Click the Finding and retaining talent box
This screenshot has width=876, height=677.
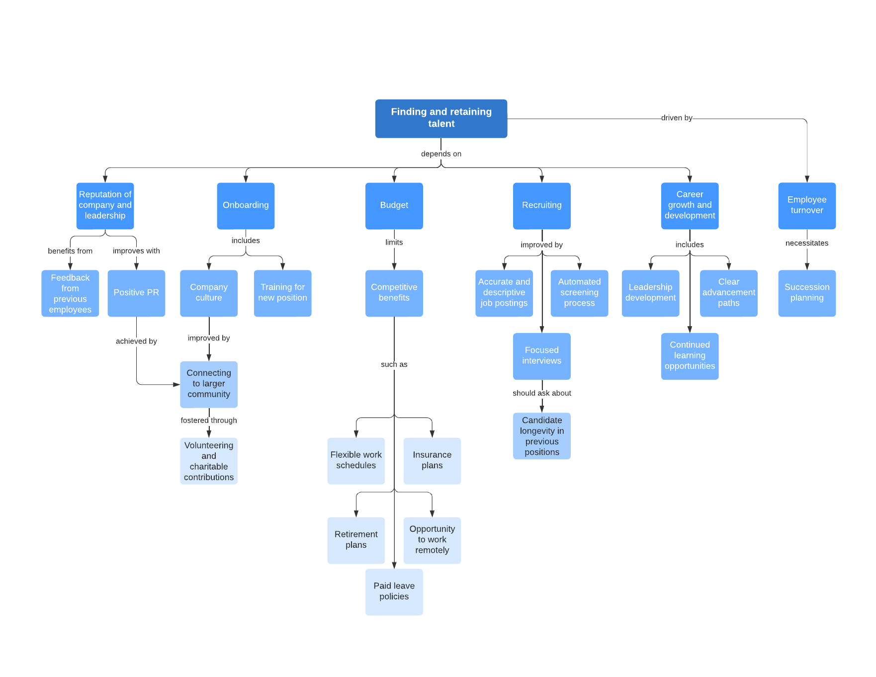point(441,118)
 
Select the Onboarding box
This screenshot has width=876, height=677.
point(246,205)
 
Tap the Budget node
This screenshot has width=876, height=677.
point(394,205)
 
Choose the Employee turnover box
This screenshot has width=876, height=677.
point(806,205)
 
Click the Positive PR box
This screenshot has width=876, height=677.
point(136,293)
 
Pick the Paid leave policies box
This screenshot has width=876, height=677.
point(394,592)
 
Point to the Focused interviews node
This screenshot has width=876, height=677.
point(541,356)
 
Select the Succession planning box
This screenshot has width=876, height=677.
point(806,293)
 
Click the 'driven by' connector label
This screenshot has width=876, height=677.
point(676,118)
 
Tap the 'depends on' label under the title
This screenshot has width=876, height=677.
point(441,154)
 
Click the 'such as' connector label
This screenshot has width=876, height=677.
point(394,364)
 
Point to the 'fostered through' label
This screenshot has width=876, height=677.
point(209,421)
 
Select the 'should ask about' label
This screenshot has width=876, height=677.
point(541,393)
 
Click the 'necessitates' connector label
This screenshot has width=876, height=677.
point(806,243)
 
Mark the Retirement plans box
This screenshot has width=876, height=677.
point(356,540)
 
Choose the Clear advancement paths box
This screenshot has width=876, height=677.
point(728,293)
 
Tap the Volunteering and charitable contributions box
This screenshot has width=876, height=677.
point(209,461)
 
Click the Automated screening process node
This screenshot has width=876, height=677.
point(579,293)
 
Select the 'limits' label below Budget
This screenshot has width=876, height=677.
point(394,243)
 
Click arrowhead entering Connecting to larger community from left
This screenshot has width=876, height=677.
point(176,384)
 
